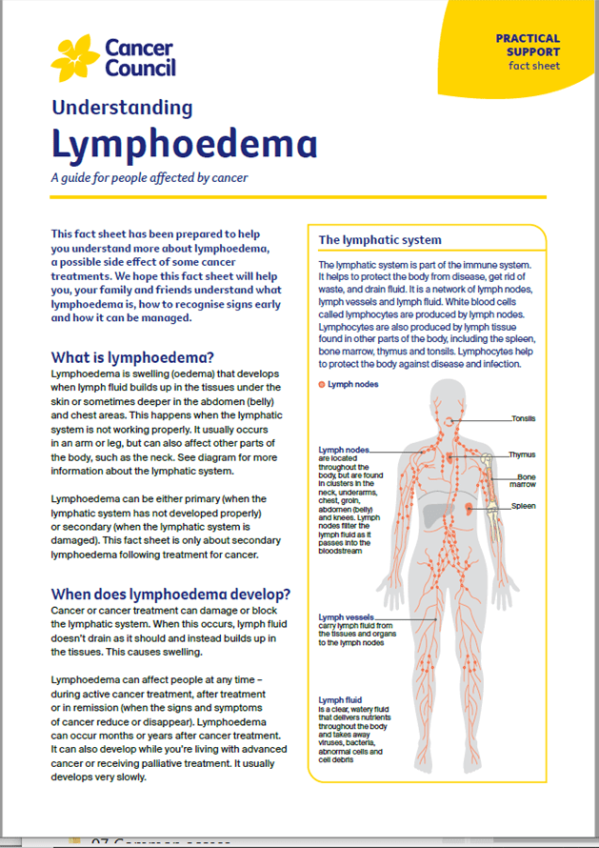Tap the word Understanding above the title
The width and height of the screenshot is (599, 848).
pos(121,107)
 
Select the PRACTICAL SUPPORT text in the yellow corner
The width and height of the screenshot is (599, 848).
pos(528,45)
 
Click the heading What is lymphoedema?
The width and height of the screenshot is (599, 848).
pos(132,357)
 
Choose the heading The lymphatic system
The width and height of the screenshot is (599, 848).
pos(379,240)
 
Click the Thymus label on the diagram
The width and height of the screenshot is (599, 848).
pos(522,455)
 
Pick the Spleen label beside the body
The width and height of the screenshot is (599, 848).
pos(524,506)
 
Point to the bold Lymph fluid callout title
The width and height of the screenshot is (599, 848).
pos(340,700)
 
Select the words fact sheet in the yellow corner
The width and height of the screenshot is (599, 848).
pos(533,66)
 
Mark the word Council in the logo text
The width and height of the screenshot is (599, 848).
pos(138,67)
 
